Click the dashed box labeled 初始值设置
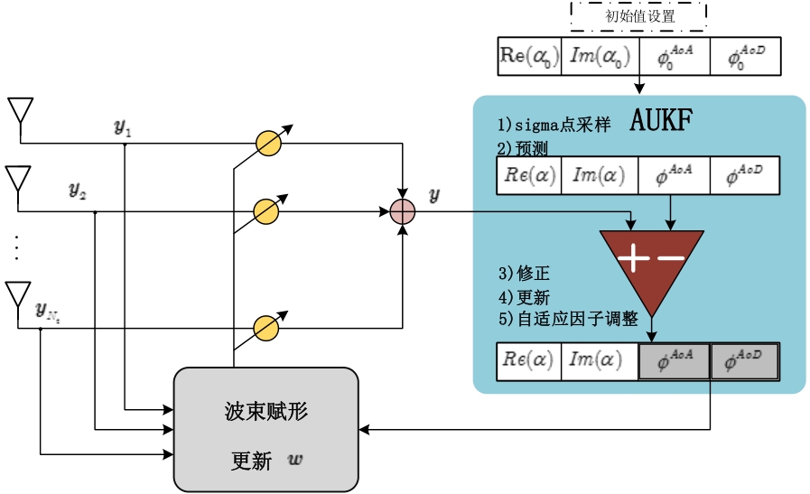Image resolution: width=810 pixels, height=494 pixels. [638, 15]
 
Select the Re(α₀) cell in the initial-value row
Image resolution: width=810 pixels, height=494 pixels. [529, 56]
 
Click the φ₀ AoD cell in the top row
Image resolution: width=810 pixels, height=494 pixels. [746, 56]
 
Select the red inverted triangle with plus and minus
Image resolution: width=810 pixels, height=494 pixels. [651, 263]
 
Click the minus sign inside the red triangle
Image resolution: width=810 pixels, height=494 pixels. [672, 259]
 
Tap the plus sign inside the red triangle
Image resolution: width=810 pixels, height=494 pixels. [633, 259]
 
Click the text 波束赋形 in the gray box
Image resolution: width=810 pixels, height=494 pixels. [266, 412]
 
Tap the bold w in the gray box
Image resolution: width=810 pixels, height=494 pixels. [295, 460]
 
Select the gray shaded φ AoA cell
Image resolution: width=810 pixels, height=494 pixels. [674, 360]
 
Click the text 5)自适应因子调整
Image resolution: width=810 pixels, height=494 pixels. [568, 319]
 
